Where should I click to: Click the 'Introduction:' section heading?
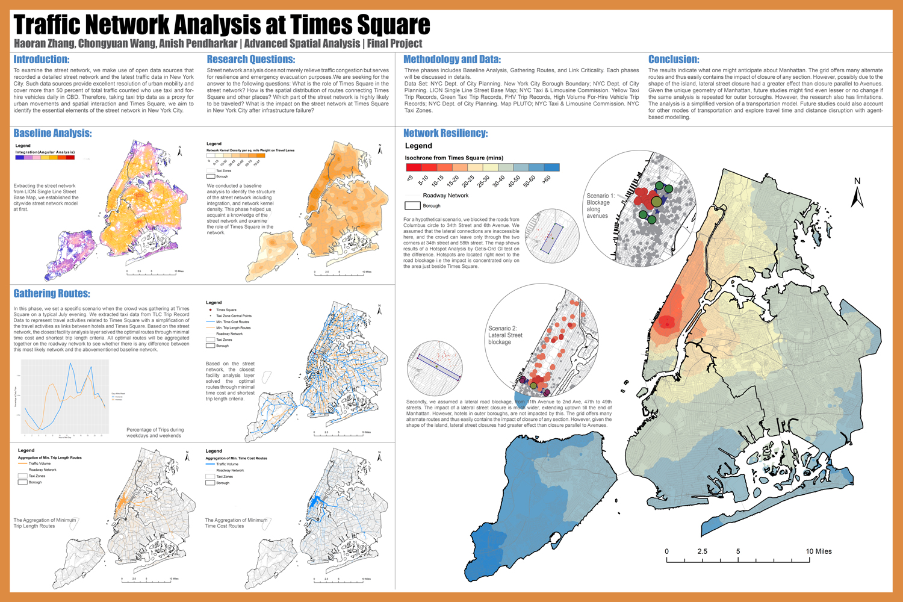point(42,59)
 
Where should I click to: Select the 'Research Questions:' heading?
point(250,59)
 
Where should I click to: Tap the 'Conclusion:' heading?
point(674,59)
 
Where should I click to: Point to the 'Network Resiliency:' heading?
point(445,133)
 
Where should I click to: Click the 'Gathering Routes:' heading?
point(52,293)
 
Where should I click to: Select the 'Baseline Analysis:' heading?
point(52,133)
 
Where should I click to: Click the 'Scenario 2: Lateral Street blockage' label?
point(505,335)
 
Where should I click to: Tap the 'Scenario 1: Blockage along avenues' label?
point(600,205)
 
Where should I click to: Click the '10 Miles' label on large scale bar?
point(819,551)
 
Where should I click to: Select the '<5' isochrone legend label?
point(411,178)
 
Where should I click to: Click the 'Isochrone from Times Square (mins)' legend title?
point(454,158)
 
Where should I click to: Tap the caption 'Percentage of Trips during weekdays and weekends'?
point(155,433)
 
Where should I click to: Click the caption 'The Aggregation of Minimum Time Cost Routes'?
point(236,523)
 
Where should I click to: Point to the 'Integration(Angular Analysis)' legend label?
point(45,152)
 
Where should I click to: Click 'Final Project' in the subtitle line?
point(394,43)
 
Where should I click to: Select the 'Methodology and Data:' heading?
point(451,59)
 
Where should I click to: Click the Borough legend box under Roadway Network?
point(412,206)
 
